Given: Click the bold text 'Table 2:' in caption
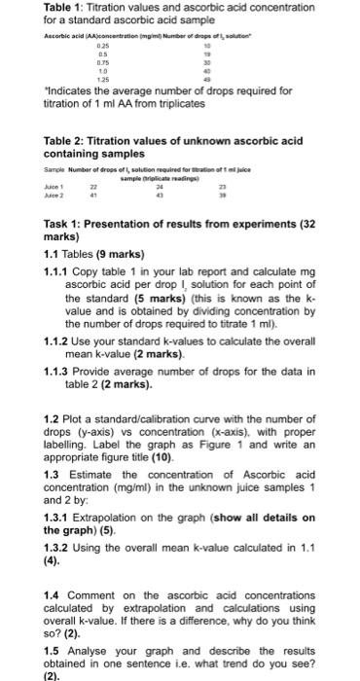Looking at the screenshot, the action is coord(66,142).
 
